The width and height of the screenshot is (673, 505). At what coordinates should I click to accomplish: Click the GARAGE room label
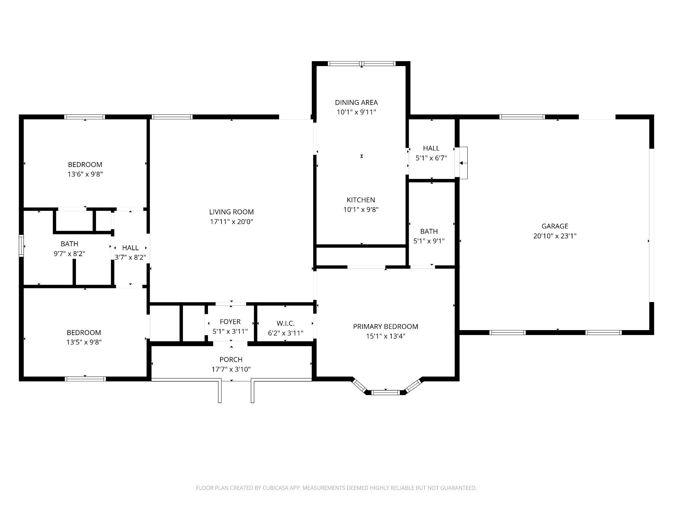coord(555,226)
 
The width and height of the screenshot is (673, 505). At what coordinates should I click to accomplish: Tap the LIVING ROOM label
coord(231,212)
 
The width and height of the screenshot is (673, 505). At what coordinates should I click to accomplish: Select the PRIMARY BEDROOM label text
coord(385,326)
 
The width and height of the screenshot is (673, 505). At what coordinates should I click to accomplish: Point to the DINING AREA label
coord(356,103)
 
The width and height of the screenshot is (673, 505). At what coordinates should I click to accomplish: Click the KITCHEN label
coord(361,200)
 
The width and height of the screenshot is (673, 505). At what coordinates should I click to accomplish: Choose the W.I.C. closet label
coord(285,324)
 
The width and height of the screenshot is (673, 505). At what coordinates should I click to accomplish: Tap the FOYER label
coord(230,322)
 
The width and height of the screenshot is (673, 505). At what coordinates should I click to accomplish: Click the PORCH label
coord(231,360)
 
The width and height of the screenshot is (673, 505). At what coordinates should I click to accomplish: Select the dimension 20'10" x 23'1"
coord(555,236)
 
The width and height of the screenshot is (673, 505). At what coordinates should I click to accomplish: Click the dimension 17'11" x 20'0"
coord(231,222)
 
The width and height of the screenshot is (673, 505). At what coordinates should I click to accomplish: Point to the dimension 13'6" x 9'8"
coord(85,174)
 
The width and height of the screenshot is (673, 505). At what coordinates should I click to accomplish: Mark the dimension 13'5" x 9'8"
coord(84,342)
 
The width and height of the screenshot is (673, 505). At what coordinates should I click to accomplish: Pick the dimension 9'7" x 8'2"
coord(69,254)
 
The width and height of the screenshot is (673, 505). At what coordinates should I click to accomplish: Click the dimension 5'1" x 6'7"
coord(431,158)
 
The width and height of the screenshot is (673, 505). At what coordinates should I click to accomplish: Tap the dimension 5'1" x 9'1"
coord(429,241)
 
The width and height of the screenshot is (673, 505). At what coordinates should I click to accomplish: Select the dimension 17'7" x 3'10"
coord(231,369)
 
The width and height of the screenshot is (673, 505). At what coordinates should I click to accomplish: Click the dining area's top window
coord(361,64)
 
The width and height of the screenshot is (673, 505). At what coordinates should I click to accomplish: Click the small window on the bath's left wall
coord(21,245)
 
